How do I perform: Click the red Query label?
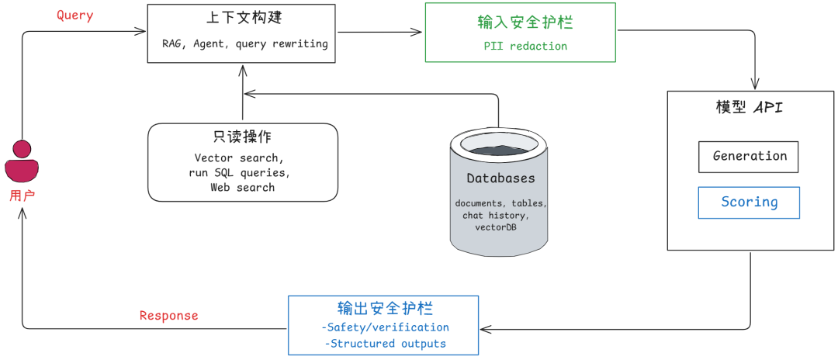(75, 16)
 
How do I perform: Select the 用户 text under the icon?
(22, 196)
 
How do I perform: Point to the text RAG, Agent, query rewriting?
(244, 43)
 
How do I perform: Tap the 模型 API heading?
(749, 107)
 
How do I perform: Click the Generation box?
(749, 156)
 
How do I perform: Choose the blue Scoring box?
(749, 202)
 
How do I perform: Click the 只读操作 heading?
(241, 137)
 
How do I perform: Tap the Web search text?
(242, 187)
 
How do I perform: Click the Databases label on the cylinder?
(500, 178)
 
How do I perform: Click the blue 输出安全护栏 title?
(384, 308)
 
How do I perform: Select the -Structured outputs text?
(386, 343)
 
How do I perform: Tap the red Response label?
(168, 316)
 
